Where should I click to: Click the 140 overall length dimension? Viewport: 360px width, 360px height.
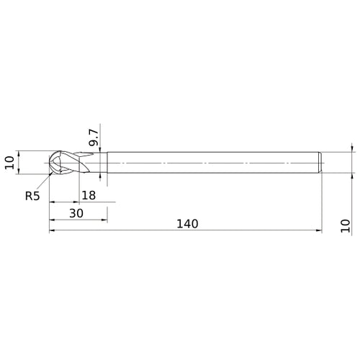pyautogui.click(x=186, y=223)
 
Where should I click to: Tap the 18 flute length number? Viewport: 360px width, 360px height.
pyautogui.click(x=89, y=195)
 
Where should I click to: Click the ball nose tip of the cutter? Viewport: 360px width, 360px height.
pyautogui.click(x=50, y=162)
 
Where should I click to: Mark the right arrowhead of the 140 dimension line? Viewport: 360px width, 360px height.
pyautogui.click(x=318, y=231)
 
